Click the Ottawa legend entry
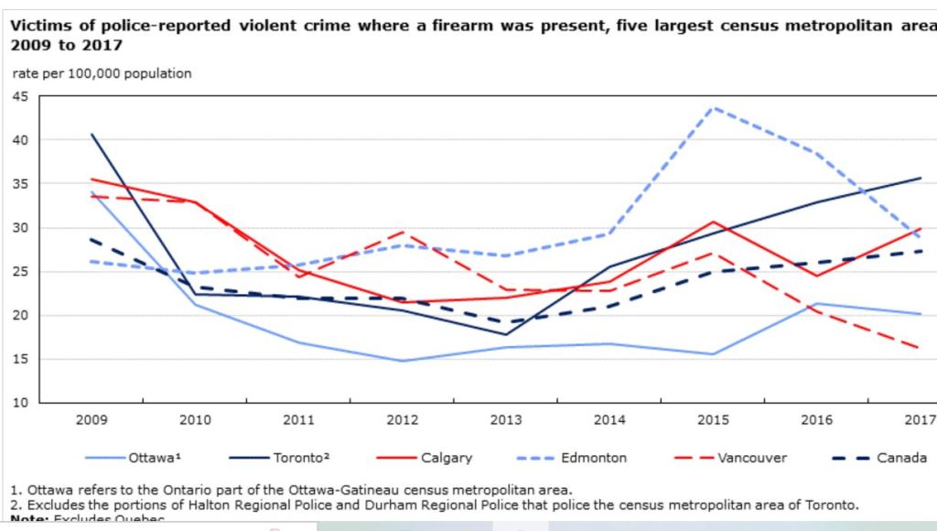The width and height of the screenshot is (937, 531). (x=151, y=457)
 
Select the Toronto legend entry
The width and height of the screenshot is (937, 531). (x=297, y=457)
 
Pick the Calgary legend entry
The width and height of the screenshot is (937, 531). (x=447, y=457)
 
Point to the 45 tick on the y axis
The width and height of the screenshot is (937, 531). (x=18, y=96)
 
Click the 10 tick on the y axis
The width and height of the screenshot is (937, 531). (x=18, y=403)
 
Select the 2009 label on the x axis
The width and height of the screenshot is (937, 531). (x=92, y=420)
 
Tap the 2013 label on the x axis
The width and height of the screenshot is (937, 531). (x=506, y=420)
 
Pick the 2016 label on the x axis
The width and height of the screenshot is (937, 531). (x=816, y=420)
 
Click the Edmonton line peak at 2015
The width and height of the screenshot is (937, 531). (x=713, y=107)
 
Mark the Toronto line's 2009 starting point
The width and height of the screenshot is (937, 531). (x=92, y=135)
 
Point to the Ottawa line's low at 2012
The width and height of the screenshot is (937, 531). (x=403, y=361)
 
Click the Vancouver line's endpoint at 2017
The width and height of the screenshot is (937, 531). (x=920, y=348)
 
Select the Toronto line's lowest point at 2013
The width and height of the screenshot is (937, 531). (x=506, y=334)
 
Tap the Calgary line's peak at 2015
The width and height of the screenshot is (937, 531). (x=713, y=222)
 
